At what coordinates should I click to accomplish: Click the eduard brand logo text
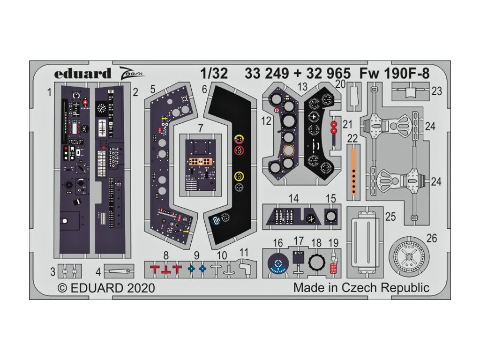point(82,74)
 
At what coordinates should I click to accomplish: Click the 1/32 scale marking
point(214,74)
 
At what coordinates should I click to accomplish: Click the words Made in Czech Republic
point(361,287)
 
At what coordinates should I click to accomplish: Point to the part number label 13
point(302,86)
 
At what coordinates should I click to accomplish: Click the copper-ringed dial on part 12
point(289,151)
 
